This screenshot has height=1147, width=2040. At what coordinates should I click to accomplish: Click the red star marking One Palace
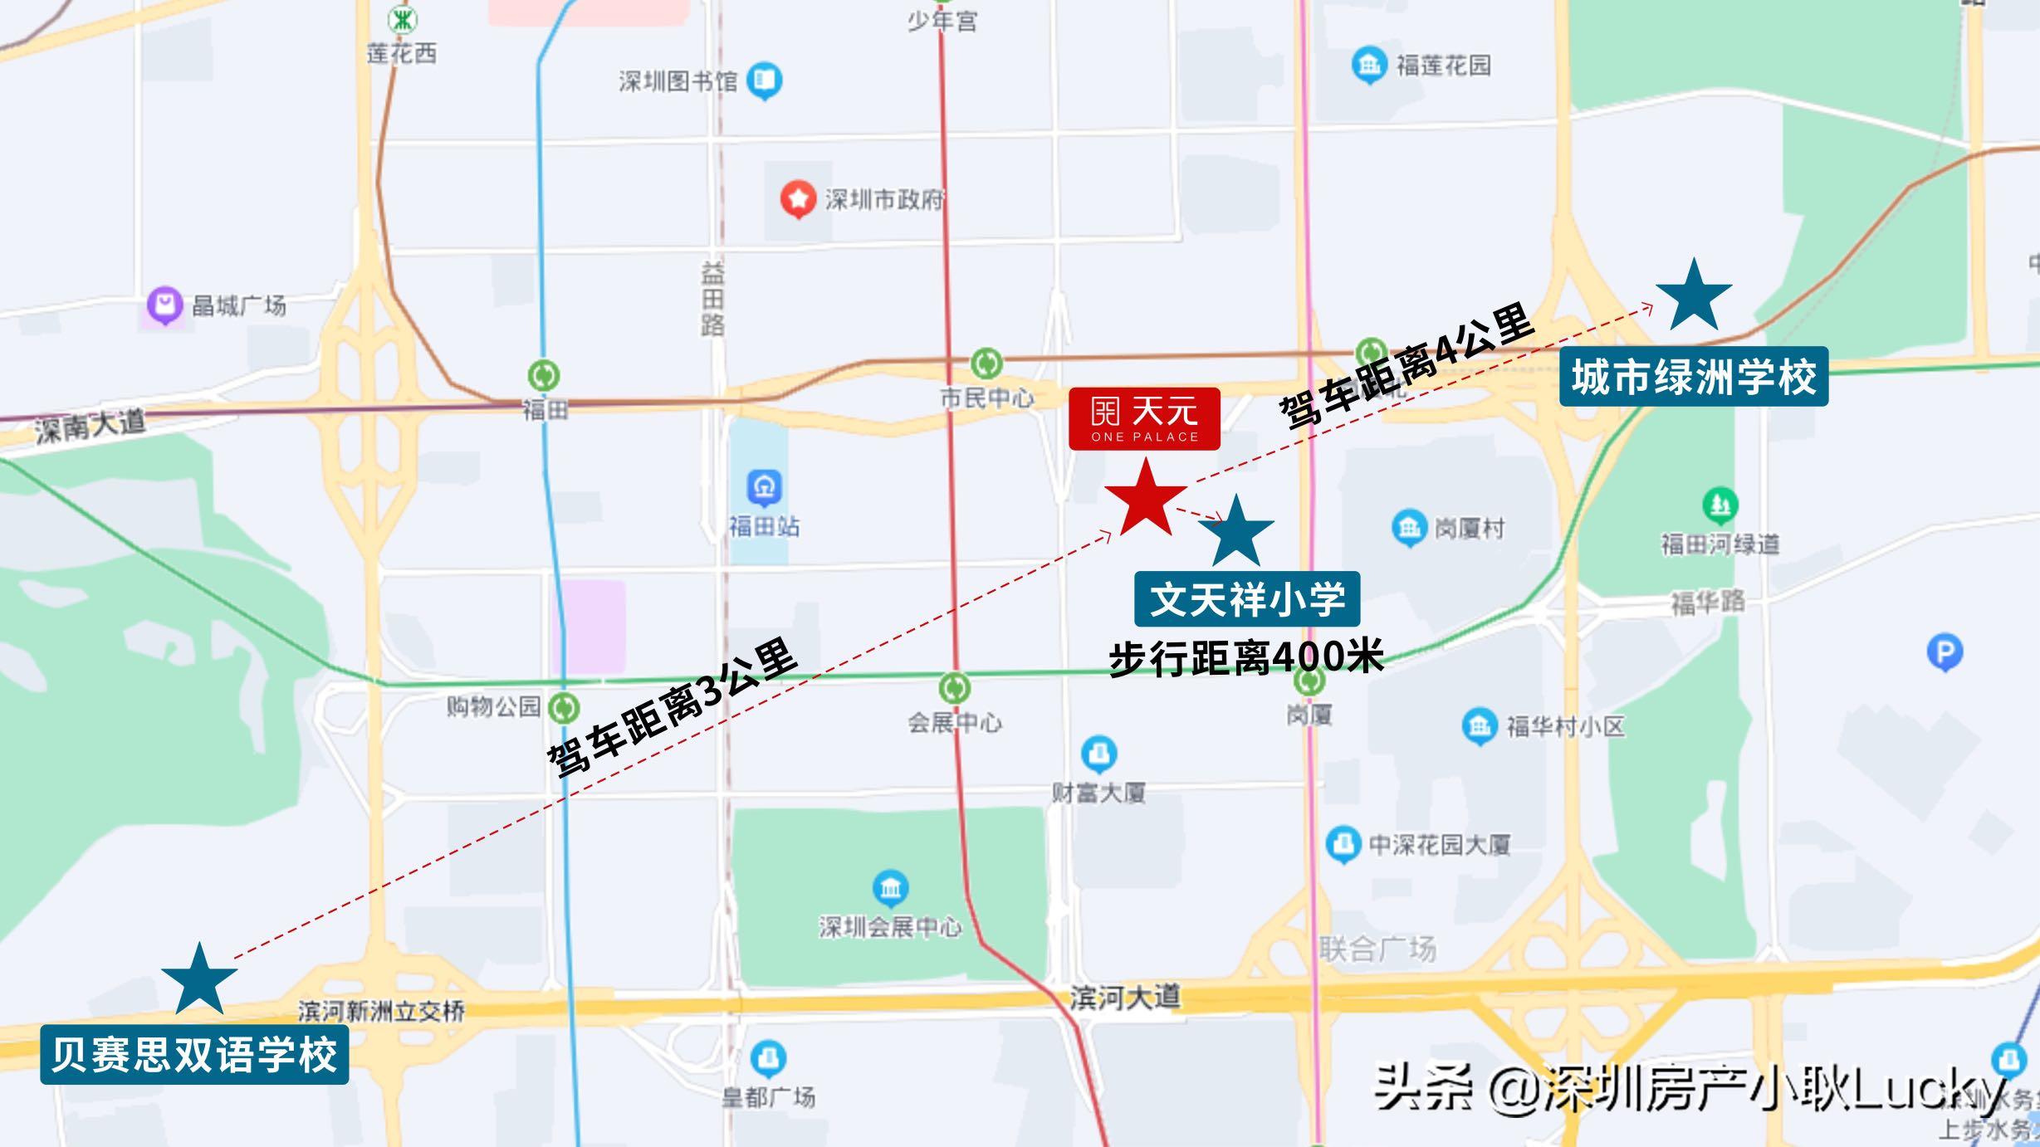pyautogui.click(x=1146, y=500)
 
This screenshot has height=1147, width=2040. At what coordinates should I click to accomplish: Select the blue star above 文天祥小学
pyautogui.click(x=1236, y=533)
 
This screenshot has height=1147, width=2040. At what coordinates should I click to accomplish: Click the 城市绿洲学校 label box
pyautogui.click(x=1694, y=377)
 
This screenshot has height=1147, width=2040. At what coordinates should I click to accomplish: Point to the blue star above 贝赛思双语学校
pyautogui.click(x=199, y=980)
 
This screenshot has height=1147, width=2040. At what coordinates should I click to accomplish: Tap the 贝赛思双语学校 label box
pyautogui.click(x=194, y=1055)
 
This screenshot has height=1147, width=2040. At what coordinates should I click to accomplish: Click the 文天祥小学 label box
pyautogui.click(x=1247, y=599)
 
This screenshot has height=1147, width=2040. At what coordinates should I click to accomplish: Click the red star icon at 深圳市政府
pyautogui.click(x=798, y=199)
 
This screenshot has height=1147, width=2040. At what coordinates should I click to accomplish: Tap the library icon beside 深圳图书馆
pyautogui.click(x=764, y=81)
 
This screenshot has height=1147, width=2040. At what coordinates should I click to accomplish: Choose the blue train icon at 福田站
pyautogui.click(x=764, y=488)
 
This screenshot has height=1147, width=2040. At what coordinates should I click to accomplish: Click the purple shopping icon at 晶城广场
pyautogui.click(x=164, y=305)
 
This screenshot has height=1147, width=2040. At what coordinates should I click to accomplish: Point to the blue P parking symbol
pyautogui.click(x=1945, y=652)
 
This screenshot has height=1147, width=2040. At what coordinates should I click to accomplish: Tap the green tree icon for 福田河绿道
pyautogui.click(x=1720, y=505)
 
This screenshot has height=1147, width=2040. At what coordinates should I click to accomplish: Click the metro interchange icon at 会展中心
pyautogui.click(x=954, y=688)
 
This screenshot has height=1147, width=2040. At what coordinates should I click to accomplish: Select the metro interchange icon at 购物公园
pyautogui.click(x=565, y=708)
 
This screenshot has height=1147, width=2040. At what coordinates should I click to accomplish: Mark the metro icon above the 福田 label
pyautogui.click(x=544, y=375)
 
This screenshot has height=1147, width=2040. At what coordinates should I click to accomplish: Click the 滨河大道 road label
pyautogui.click(x=1124, y=997)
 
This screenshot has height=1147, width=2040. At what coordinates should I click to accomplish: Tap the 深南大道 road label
pyautogui.click(x=90, y=426)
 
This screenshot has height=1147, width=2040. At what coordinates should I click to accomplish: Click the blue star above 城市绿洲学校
pyautogui.click(x=1694, y=296)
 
